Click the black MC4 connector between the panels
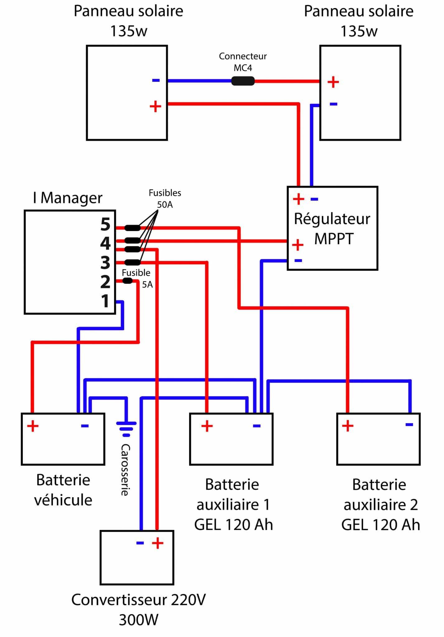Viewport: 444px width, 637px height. pos(243,81)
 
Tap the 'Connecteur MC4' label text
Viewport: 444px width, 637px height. pos(243,62)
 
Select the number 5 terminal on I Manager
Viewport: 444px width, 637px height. pos(105,224)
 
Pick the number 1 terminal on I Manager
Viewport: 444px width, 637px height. pos(105,301)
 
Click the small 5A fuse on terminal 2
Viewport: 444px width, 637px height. pos(128,281)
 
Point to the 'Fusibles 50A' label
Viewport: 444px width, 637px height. pos(165,198)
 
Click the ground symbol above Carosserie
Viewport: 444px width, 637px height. pos(126,426)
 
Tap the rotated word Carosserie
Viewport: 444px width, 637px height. pos(125,470)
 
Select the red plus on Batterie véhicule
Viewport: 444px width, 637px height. pos(33,426)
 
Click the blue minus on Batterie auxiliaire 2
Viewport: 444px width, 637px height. pos(409,425)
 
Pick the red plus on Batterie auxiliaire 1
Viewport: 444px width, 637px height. pos(207,426)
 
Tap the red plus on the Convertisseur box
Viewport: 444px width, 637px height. pos(157,543)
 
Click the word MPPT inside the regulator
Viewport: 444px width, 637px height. pos(334,239)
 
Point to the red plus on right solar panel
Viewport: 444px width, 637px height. pos(333,82)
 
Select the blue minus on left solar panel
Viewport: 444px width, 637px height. pos(156,81)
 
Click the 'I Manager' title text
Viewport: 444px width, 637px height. pos(68,198)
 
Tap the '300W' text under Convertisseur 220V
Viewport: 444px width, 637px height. pos(138,620)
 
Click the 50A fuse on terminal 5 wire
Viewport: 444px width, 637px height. pos(133,228)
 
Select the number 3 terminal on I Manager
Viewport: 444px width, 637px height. pos(105,263)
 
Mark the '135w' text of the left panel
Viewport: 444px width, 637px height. pos(129,31)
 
